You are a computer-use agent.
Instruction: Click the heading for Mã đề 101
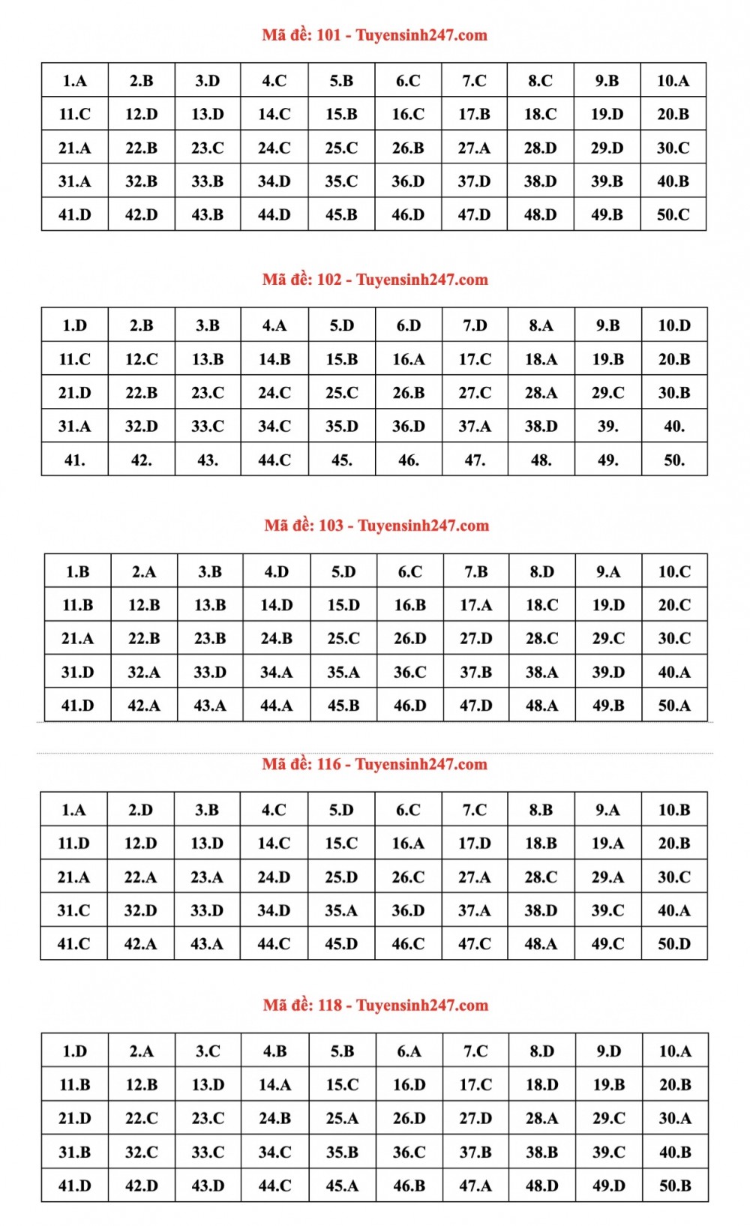pyautogui.click(x=374, y=35)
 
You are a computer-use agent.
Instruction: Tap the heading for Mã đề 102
pyautogui.click(x=375, y=280)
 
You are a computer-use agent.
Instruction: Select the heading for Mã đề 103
pyautogui.click(x=376, y=526)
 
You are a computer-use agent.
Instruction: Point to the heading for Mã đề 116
pyautogui.click(x=374, y=764)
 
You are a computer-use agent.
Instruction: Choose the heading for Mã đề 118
pyautogui.click(x=375, y=1006)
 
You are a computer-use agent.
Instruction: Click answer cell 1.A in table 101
pyautogui.click(x=74, y=81)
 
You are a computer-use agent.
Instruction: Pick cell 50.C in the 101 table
pyautogui.click(x=673, y=214)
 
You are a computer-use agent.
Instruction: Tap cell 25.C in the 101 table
pyautogui.click(x=341, y=148)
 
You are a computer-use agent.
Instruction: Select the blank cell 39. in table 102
pyautogui.click(x=607, y=426)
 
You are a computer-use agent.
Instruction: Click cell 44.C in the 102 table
pyautogui.click(x=274, y=460)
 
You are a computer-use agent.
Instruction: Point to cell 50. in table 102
pyautogui.click(x=673, y=460)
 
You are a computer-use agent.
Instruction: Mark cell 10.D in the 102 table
pyautogui.click(x=673, y=325)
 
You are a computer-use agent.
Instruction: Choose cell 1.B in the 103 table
pyautogui.click(x=77, y=571)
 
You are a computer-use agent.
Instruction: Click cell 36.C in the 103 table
pyautogui.click(x=409, y=672)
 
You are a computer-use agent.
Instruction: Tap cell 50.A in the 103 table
pyautogui.click(x=673, y=706)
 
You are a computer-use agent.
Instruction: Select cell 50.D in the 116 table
pyautogui.click(x=673, y=944)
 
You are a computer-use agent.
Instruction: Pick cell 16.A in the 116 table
pyautogui.click(x=408, y=844)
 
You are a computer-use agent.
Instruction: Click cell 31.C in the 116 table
pyautogui.click(x=73, y=910)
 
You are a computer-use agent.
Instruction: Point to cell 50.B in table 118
pyautogui.click(x=674, y=1186)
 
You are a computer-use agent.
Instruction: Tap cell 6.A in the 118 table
pyautogui.click(x=409, y=1051)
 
